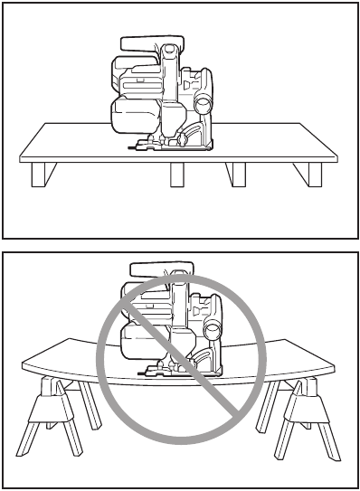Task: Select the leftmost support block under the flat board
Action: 38,174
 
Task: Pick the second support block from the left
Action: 176,175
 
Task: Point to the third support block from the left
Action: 237,175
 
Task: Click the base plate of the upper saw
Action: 172,146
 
